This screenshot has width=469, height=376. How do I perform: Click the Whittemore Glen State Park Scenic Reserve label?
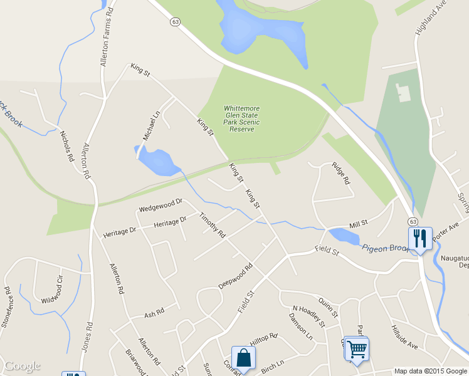pyautogui.click(x=241, y=118)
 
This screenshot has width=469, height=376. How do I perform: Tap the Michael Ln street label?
pyautogui.click(x=152, y=125)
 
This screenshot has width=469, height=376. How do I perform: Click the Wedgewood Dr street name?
pyautogui.click(x=161, y=204)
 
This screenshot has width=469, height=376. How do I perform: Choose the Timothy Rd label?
pyautogui.click(x=212, y=225)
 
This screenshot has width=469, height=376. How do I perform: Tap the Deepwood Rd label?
pyautogui.click(x=235, y=276)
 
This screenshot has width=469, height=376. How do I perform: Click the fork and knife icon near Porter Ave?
pyautogui.click(x=419, y=238)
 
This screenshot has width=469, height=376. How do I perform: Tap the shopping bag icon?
pyautogui.click(x=243, y=358)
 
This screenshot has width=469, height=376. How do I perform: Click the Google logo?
pyautogui.click(x=23, y=366)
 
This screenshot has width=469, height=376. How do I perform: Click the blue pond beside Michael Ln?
pyautogui.click(x=157, y=162)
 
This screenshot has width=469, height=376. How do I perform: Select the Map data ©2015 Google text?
pyautogui.click(x=430, y=371)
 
